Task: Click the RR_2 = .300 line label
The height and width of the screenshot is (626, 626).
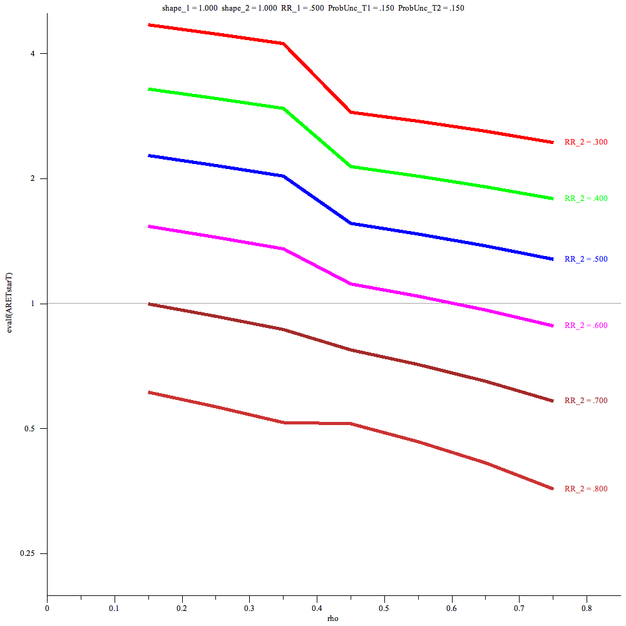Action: click(586, 142)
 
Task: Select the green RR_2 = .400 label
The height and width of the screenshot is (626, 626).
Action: click(586, 198)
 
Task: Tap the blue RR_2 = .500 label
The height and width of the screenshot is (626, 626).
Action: click(586, 259)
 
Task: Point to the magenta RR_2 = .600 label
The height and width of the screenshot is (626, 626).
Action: click(586, 326)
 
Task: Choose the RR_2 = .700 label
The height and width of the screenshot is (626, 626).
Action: click(586, 401)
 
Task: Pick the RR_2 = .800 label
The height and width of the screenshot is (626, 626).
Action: click(586, 489)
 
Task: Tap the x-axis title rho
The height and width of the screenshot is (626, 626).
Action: click(333, 618)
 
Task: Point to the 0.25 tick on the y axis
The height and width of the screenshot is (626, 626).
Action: click(34, 553)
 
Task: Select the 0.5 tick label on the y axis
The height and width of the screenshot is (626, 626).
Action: click(36, 429)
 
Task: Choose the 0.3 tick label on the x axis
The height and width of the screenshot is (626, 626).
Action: click(249, 607)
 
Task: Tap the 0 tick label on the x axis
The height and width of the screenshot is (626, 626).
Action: click(47, 607)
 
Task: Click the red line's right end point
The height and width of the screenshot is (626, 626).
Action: click(553, 142)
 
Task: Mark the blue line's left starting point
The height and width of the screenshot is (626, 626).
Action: click(148, 155)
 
